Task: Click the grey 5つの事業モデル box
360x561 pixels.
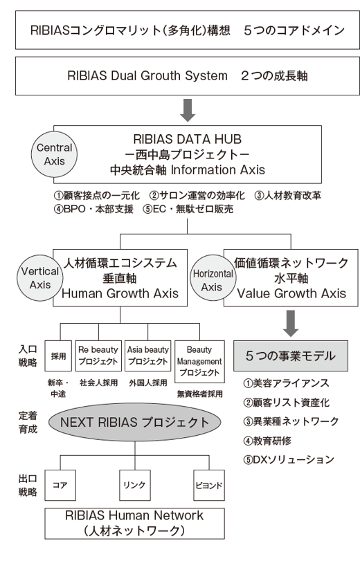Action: click(291, 356)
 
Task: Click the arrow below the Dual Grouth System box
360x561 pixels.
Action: click(188, 110)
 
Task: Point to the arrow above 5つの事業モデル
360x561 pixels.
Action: click(291, 324)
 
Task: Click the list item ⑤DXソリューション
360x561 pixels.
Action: click(289, 459)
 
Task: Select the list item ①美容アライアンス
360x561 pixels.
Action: click(286, 383)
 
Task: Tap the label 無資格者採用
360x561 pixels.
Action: click(200, 394)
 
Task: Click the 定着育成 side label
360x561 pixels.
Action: click(28, 422)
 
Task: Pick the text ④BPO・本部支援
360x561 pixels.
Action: click(93, 209)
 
